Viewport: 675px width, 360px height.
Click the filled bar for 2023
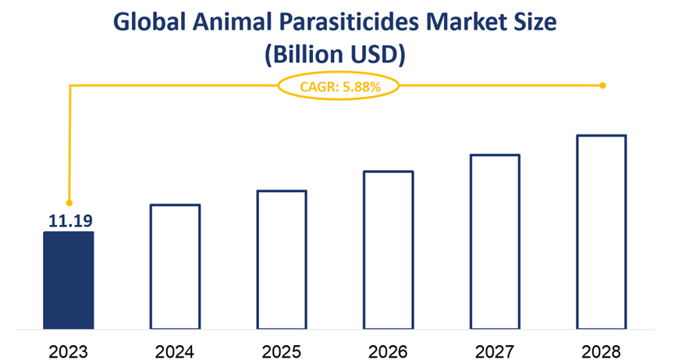click(x=69, y=280)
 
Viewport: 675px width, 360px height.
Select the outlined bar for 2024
click(x=176, y=266)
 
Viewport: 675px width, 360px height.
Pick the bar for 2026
click(x=389, y=249)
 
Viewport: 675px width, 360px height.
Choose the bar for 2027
click(x=495, y=241)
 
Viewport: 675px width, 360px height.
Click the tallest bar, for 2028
click(x=602, y=231)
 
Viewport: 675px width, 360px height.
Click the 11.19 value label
click(x=69, y=222)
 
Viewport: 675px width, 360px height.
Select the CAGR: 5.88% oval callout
click(x=338, y=87)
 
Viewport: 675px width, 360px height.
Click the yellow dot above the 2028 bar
click(x=602, y=85)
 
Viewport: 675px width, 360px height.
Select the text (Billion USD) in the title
click(x=336, y=55)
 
